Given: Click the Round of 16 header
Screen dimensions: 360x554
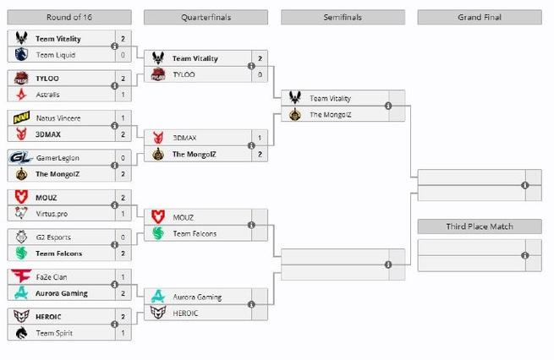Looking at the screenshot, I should click(69, 16).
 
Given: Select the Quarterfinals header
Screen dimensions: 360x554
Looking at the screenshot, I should click(206, 16).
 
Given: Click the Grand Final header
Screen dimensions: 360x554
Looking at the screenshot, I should click(480, 16).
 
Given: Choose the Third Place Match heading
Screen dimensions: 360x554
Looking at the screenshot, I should click(480, 226).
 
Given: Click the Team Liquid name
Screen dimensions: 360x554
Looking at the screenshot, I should click(55, 54).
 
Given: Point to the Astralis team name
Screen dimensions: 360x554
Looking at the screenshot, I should click(48, 95).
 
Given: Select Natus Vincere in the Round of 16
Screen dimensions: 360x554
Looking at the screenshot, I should click(57, 117).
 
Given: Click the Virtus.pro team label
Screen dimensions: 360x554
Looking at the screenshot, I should click(52, 213).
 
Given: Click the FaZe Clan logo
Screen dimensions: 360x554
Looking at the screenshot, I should click(20, 276).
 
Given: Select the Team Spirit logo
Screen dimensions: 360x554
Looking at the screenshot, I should click(20, 333).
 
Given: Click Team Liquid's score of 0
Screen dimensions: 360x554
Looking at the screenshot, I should click(123, 54).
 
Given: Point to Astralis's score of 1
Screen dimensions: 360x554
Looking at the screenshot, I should click(123, 95).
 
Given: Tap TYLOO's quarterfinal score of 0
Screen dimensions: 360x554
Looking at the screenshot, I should click(259, 74).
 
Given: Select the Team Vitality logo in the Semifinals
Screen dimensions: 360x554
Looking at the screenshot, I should click(294, 98).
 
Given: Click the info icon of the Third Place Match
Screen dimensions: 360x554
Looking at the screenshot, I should click(525, 254).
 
